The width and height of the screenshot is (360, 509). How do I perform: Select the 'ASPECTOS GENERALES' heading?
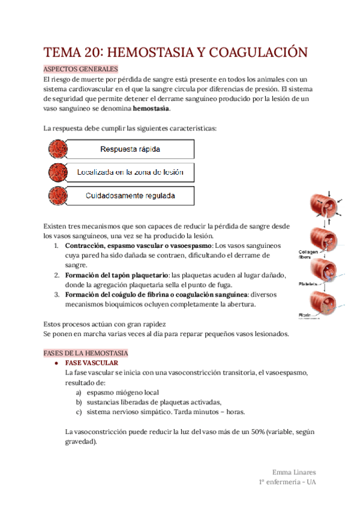coord(81,69)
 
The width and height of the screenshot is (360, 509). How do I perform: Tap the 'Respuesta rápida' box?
coord(130,149)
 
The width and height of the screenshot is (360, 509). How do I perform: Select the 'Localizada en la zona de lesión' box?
coord(130,172)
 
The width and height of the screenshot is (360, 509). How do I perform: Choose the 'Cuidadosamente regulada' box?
coord(130,196)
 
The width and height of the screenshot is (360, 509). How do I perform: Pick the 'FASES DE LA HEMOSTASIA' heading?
coord(85,354)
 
